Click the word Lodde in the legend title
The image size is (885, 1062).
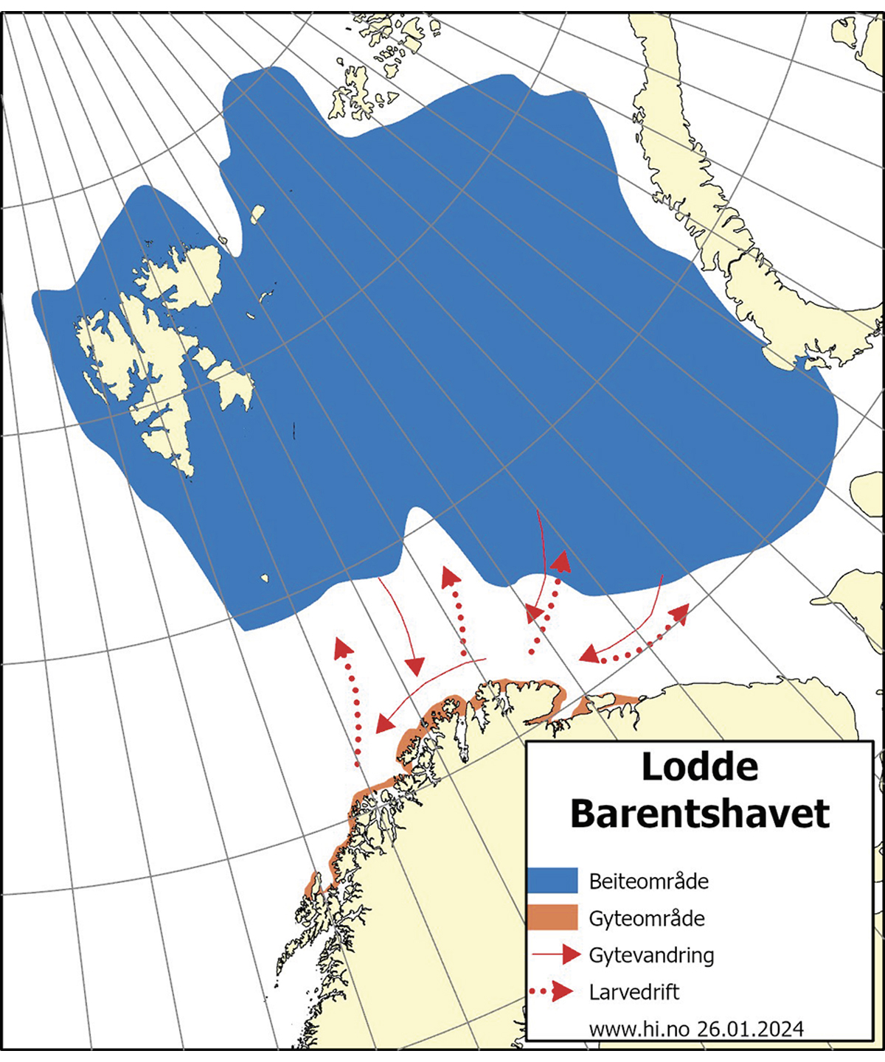coord(699,767)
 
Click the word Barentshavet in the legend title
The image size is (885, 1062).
coord(699,814)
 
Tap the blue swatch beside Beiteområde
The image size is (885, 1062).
coord(552,881)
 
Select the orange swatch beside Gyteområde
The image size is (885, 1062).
coord(552,918)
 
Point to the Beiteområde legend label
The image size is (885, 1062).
coord(648,881)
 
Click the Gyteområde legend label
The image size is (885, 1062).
coord(646,918)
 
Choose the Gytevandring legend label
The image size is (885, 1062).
coord(651,955)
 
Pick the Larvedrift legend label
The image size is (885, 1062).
coord(634,992)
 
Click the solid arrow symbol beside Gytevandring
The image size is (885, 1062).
coord(557,955)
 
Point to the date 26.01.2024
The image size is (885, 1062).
coord(749,1028)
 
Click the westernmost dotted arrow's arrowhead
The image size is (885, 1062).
coord(342,648)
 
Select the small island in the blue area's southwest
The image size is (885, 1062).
coord(264,579)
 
